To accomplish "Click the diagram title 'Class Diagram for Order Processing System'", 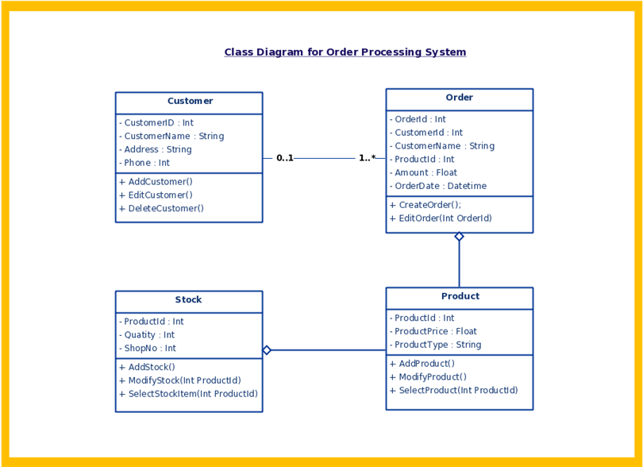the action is pos(345,52).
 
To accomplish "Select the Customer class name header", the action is pos(190,101).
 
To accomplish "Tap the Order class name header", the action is pos(460,97).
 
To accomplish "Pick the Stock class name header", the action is pos(188,299).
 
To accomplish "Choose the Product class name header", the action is pos(460,296).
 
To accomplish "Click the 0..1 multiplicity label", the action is pos(285,158).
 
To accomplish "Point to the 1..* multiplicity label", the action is pos(367,157).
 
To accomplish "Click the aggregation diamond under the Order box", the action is pos(460,237).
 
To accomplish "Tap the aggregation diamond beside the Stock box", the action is pos(267,350).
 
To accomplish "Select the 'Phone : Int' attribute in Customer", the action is pos(144,163).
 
